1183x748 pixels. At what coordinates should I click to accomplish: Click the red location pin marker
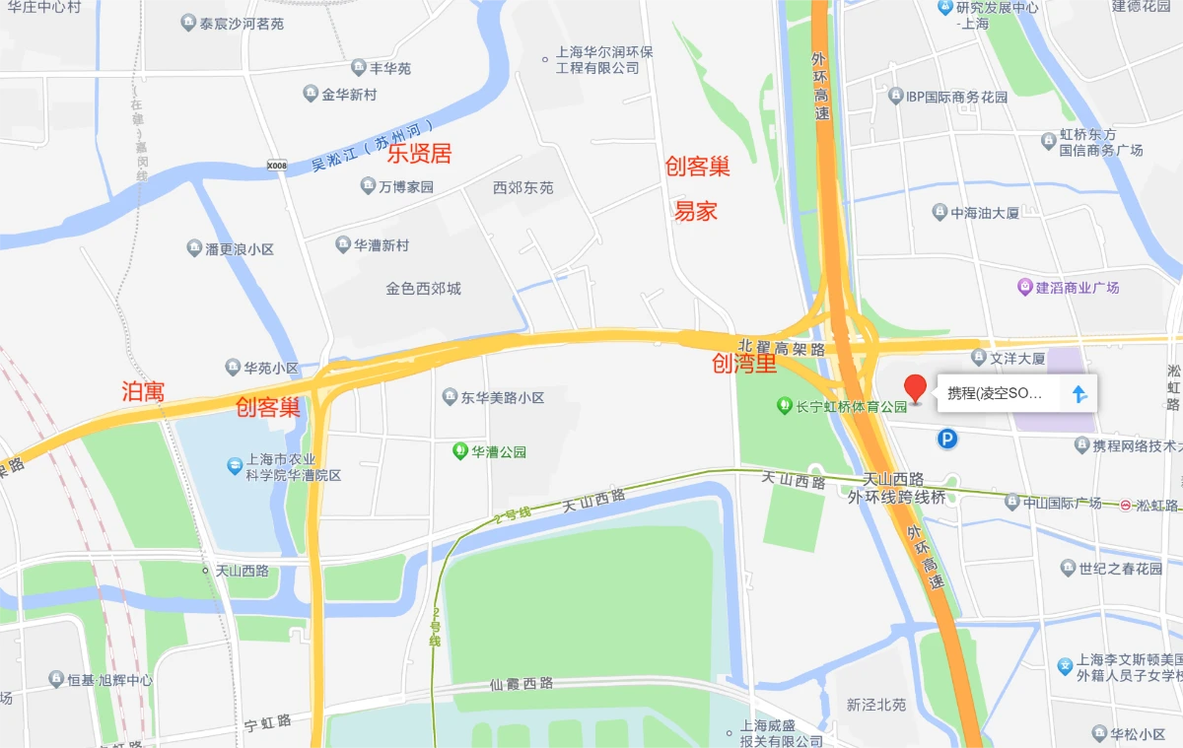pos(916,388)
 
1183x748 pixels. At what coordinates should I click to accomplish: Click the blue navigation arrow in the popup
pos(1079,394)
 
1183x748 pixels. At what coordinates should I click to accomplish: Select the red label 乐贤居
pos(419,154)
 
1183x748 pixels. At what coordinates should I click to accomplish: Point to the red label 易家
pos(695,210)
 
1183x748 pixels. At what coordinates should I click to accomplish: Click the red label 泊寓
pos(142,391)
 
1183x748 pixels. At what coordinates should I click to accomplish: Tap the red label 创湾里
pos(744,364)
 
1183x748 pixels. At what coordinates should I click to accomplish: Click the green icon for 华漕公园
pos(459,451)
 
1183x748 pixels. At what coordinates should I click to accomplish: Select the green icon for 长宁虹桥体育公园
pos(784,404)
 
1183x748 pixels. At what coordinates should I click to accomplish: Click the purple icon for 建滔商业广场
pos(1025,288)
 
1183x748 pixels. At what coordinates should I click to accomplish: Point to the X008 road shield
pos(277,166)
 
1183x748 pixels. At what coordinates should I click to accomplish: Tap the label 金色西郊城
pos(423,289)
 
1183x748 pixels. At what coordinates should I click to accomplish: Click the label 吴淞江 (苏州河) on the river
pos(373,147)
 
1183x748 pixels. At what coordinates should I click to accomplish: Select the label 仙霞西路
pos(522,683)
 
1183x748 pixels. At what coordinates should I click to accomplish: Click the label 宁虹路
pos(268,722)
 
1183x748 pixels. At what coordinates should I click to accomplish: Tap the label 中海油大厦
pos(984,212)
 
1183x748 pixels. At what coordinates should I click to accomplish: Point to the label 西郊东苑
pos(522,187)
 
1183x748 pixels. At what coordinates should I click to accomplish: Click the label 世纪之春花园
pos(1121,569)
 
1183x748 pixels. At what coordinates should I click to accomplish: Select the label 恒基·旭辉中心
pos(109,680)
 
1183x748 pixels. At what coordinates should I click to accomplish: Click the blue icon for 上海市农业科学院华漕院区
pos(235,464)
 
